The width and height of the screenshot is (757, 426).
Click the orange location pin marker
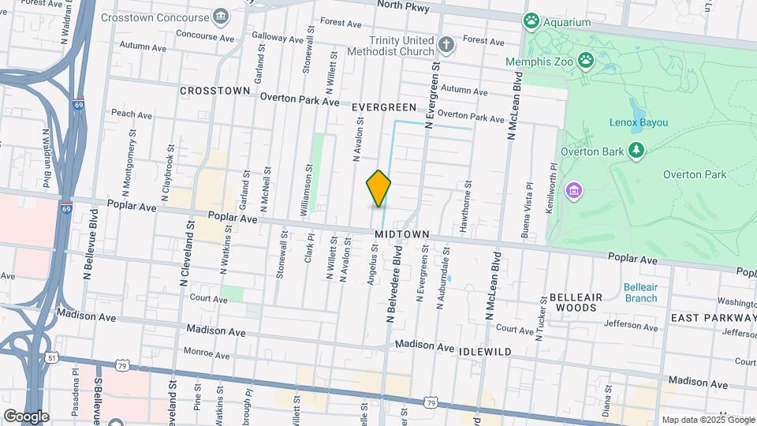pyautogui.click(x=378, y=189)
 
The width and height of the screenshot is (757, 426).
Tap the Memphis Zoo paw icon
pyautogui.click(x=585, y=59)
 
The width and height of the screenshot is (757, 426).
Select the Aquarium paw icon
pyautogui.click(x=532, y=21)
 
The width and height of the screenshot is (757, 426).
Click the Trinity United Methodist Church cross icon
pyautogui.click(x=446, y=45)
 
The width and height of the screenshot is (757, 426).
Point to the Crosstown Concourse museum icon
pyautogui.click(x=220, y=17)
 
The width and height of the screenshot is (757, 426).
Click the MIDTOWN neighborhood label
pyautogui.click(x=401, y=235)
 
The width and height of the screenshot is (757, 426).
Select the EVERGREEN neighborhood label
pyautogui.click(x=384, y=106)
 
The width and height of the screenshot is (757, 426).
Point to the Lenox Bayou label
pyautogui.click(x=638, y=122)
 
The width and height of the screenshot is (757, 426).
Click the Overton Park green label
pyautogui.click(x=694, y=174)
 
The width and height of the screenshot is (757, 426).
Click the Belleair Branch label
pyautogui.click(x=640, y=293)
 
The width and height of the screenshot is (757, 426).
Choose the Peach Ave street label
pyautogui.click(x=132, y=114)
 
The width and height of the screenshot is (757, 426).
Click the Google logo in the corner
pyautogui.click(x=26, y=417)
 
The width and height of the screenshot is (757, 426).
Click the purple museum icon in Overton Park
pyautogui.click(x=573, y=190)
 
